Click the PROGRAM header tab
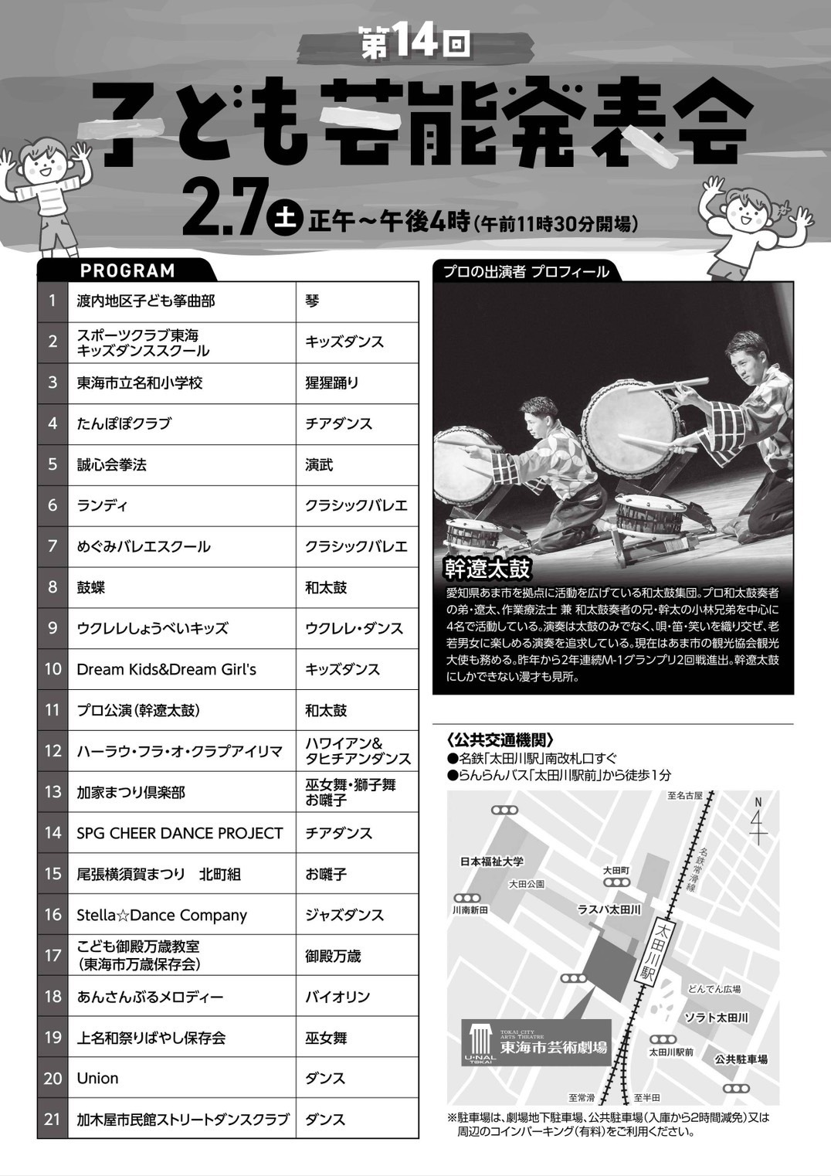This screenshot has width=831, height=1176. pos(127,270)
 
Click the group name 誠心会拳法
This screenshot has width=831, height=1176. pos(112,464)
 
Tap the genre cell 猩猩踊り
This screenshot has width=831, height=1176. pos(332,382)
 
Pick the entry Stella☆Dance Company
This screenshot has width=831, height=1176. pos(161,915)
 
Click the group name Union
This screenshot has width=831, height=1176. pos(97,1079)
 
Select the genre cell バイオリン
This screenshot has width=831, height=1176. pos(337,997)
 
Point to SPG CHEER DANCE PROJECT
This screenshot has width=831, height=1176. pos(179,833)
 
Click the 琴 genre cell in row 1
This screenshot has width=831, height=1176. pos(312,301)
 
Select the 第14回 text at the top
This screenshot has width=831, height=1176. pos(415,42)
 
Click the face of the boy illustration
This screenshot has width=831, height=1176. pos(45,165)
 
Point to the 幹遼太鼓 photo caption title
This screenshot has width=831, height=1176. pos(487,569)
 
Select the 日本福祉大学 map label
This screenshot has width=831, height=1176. pos(492,862)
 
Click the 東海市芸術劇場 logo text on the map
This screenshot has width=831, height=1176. pos(554,1047)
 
